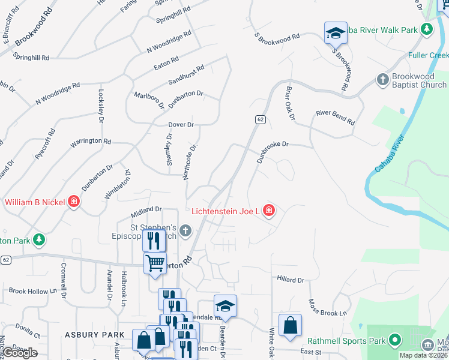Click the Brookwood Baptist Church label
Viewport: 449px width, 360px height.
pos(419,81)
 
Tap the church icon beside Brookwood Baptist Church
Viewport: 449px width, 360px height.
pos(383,79)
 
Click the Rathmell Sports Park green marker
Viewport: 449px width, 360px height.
pos(394,341)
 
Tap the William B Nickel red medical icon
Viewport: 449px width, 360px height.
pos(74,202)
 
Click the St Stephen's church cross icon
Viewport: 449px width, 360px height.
pos(186,230)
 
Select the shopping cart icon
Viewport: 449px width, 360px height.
pos(155,263)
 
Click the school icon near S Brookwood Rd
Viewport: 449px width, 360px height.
pos(336,33)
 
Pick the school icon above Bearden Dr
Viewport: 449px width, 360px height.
pos(225,306)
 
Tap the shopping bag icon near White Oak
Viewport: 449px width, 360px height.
pos(290,325)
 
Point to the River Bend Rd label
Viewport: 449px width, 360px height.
pos(335,117)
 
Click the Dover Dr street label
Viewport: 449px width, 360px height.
pos(181,125)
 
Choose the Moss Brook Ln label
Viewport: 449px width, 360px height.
pos(327,308)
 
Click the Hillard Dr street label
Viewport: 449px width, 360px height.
pos(291,280)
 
